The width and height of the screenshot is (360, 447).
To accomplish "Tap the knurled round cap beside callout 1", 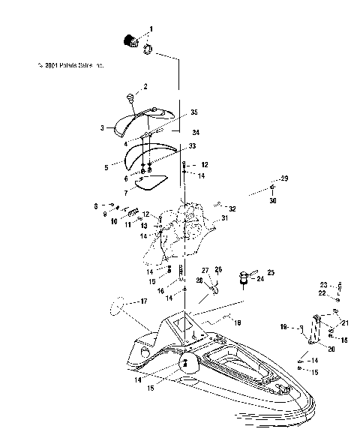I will [x=130, y=40].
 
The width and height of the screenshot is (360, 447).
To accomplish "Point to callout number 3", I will [x=101, y=128].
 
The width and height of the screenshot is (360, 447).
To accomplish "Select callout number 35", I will [x=193, y=112].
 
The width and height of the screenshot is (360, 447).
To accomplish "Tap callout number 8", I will [x=95, y=205].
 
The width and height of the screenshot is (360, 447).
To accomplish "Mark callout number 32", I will [x=233, y=208].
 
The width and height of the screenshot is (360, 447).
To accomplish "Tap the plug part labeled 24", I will [x=244, y=280].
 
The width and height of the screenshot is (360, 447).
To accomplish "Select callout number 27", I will [x=203, y=270].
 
